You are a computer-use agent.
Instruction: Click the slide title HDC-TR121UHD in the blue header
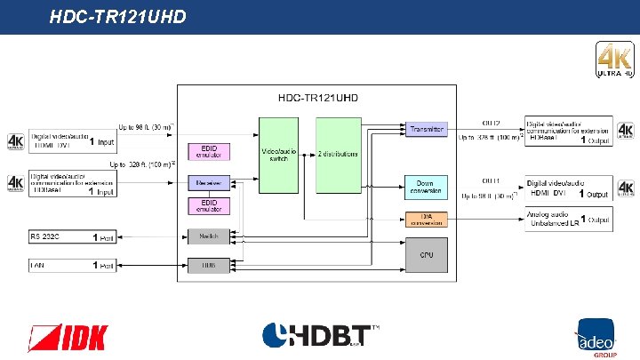point(117,15)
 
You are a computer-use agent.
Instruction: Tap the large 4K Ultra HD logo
point(613,60)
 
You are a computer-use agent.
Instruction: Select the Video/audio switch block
point(277,155)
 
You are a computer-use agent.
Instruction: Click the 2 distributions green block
point(338,155)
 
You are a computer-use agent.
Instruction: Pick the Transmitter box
point(427,129)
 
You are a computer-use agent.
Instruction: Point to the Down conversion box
point(427,187)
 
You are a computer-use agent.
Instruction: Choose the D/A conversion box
point(427,219)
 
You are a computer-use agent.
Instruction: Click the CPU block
point(427,255)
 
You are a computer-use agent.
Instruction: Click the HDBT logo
point(321,337)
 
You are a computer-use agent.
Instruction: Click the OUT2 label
point(492,123)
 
